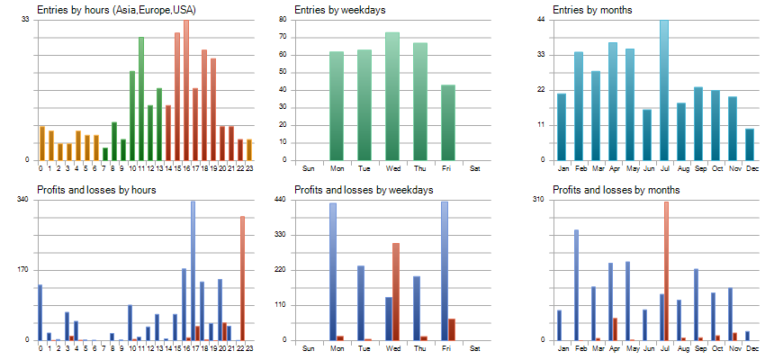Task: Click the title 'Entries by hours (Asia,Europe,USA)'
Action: (x=116, y=10)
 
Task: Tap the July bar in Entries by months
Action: (x=664, y=90)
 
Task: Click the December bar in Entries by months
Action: (x=750, y=144)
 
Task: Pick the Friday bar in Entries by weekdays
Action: (x=448, y=122)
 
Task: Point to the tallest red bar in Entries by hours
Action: (x=186, y=90)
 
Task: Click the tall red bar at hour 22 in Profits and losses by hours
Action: (x=242, y=278)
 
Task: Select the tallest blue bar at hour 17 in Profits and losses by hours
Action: (x=193, y=270)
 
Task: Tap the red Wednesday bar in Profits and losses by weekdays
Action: (x=396, y=292)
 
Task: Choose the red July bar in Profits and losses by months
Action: (x=666, y=271)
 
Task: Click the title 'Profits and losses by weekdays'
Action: (x=364, y=190)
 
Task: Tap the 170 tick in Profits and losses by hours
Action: (x=24, y=270)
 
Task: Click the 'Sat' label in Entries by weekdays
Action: (x=475, y=168)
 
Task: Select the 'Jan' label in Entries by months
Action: (x=562, y=168)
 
